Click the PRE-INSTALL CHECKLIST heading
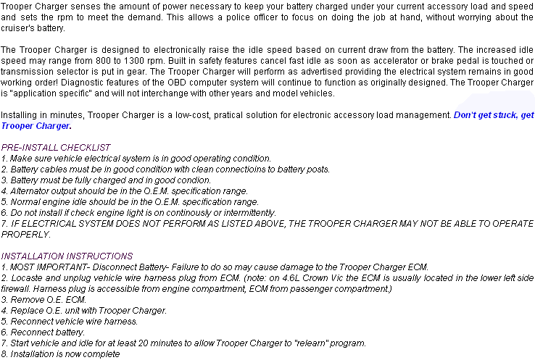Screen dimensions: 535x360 point(56,148)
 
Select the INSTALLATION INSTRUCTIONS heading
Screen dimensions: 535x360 point(67,256)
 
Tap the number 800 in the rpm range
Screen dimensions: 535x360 point(110,61)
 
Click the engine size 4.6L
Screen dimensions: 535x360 point(291,278)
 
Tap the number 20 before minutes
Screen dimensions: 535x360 point(143,343)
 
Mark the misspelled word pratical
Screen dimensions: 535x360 point(227,115)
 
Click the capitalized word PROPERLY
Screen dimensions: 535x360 point(25,235)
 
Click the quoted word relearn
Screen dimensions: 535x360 point(314,343)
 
